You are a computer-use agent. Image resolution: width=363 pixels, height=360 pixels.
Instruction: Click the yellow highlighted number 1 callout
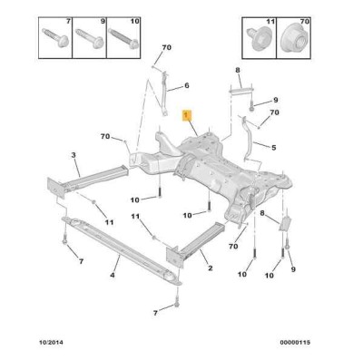coord(186,115)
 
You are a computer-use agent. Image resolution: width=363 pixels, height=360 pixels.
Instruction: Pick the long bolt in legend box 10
coord(123,37)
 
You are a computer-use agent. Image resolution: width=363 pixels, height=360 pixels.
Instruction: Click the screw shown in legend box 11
coord(258,39)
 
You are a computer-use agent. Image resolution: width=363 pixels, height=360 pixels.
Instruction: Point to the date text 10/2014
coord(52,342)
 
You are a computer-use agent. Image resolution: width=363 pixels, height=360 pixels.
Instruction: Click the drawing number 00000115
coord(295,342)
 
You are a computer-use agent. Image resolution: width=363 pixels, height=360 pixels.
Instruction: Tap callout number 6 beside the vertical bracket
coord(187,85)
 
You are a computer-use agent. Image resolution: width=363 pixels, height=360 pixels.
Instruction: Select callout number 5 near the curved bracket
coord(274,148)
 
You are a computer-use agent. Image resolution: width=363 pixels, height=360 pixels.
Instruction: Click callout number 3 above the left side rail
coord(74,155)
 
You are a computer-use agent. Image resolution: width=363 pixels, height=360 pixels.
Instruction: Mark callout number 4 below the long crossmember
coord(113,275)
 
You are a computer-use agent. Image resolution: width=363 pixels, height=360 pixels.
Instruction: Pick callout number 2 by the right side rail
coord(210,268)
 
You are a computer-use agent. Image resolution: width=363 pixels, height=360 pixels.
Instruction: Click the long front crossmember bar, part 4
coord(121,249)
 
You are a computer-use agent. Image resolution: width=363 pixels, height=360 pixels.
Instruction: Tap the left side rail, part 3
coord(88,180)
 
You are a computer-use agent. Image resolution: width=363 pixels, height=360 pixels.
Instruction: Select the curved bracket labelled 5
coord(249,139)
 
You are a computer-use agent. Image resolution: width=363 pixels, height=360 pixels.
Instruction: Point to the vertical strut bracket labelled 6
coord(164,93)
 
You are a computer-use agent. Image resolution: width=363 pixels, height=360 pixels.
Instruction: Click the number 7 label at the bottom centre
coord(155,313)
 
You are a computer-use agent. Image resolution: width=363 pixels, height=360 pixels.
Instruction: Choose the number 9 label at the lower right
coord(293,269)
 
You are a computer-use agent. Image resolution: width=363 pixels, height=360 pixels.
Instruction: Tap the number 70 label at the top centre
coord(166,47)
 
